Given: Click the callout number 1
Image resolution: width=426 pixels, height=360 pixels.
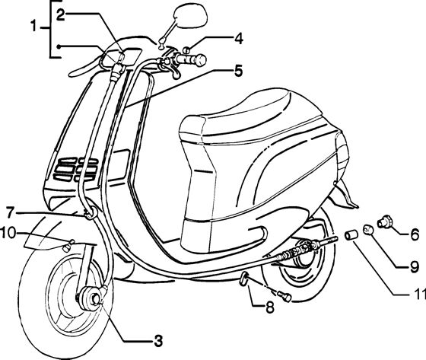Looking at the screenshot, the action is point(33,27).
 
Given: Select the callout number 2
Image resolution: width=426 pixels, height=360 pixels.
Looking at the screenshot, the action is point(60,15).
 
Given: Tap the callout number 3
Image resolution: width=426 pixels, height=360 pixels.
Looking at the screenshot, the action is point(158,340).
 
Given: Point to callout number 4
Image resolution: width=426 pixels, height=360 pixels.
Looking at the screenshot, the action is point(238,39).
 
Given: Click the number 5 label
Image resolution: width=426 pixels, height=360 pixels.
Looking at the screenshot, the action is point(237,71).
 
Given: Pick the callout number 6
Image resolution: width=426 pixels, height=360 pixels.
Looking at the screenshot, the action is point(415,234).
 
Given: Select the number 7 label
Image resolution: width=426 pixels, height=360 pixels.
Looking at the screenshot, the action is point(10,212).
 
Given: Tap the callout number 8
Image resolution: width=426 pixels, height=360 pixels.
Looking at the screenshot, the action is point(269,307).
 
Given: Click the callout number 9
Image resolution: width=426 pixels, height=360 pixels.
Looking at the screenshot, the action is point(414,267).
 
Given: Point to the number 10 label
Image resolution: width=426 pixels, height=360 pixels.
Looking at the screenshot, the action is point(8,234).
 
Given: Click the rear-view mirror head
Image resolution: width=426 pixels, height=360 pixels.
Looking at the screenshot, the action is point(190,16).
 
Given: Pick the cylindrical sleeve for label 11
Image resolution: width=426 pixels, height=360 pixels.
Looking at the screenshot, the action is point(351,235).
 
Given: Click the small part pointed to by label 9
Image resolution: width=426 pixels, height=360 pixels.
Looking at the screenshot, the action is point(368,229).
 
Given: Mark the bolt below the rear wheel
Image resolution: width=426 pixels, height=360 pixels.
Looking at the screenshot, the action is point(285,295).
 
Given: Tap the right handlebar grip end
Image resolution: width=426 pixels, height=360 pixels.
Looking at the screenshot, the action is point(201,60).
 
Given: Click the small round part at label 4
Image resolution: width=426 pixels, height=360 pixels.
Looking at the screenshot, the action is point(186,50).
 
